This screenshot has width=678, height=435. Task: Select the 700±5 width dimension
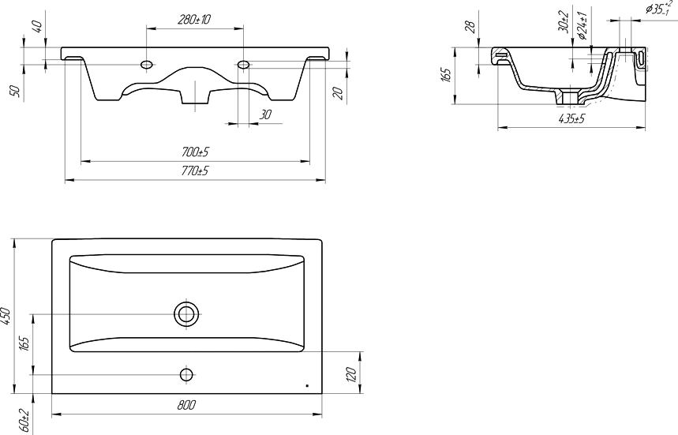(x=195, y=152)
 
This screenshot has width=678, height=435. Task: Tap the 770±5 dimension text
(x=195, y=171)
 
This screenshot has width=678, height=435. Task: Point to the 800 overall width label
(x=186, y=405)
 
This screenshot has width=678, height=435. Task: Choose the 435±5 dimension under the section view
(x=571, y=118)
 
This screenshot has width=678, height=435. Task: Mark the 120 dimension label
(x=351, y=374)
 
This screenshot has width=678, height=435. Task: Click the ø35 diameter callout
(x=659, y=8)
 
